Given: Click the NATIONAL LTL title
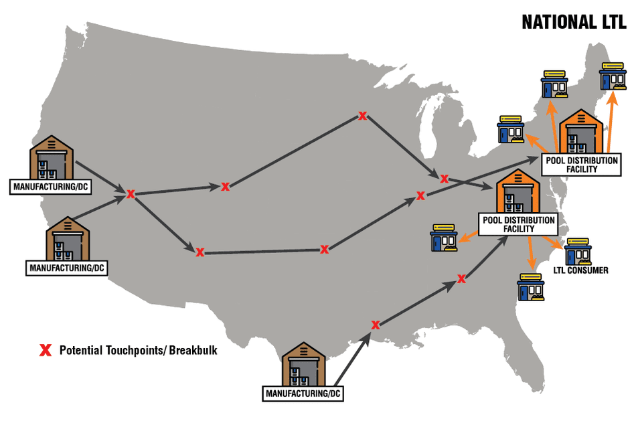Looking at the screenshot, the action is (x=574, y=22).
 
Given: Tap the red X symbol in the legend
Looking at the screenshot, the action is (x=46, y=350).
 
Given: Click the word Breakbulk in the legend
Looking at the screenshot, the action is (x=193, y=350).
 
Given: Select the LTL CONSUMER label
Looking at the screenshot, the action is (x=581, y=270).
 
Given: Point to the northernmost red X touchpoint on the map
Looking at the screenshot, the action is (x=362, y=116).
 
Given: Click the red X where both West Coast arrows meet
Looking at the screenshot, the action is (x=130, y=194).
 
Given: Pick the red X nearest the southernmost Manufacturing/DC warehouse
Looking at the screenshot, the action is (x=376, y=325).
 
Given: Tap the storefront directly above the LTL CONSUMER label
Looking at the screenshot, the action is (x=578, y=251).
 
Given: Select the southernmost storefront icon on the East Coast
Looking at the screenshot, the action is (x=531, y=286).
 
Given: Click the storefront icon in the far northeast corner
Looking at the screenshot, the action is (x=613, y=76).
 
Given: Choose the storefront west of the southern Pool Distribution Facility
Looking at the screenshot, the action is (x=444, y=238).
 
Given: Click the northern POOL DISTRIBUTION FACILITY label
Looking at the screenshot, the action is (x=581, y=165).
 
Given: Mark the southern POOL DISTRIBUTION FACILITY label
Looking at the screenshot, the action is (x=518, y=224).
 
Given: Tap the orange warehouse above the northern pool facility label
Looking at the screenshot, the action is (x=581, y=131).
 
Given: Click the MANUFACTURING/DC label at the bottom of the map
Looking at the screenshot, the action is (x=303, y=394).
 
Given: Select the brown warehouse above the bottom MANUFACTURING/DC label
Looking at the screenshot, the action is (x=303, y=364).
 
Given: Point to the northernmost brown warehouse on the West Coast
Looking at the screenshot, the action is (x=51, y=157).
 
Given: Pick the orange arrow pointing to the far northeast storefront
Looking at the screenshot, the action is (x=611, y=121).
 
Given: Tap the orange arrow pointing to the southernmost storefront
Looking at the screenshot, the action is (x=530, y=253).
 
